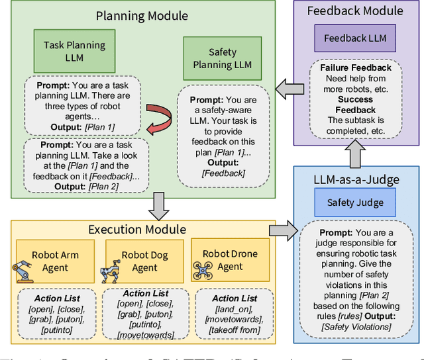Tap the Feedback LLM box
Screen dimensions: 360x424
click(354, 38)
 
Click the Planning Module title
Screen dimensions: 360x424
click(142, 15)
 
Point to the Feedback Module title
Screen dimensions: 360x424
click(355, 11)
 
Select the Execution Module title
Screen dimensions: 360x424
click(136, 230)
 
